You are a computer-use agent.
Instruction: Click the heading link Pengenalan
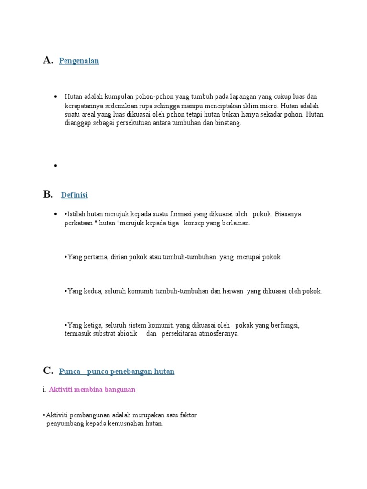pos(79,61)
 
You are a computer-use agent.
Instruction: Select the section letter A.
pos(47,60)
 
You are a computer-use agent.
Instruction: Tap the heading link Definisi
pos(75,195)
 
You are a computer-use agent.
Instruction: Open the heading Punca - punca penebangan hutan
pos(117,372)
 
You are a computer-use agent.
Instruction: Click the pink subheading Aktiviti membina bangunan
pos(92,389)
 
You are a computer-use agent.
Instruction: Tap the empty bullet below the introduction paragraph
pos(55,166)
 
